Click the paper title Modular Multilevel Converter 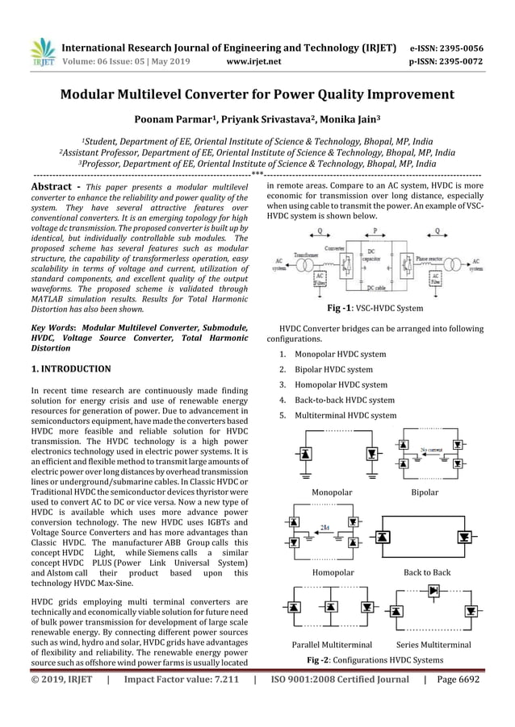pyautogui.click(x=257, y=94)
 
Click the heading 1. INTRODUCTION pyautogui.click(x=70, y=368)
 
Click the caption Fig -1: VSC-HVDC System pyautogui.click(x=375, y=309)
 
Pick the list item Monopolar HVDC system pyautogui.click(x=340, y=355)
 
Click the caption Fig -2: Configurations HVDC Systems pyautogui.click(x=375, y=660)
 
